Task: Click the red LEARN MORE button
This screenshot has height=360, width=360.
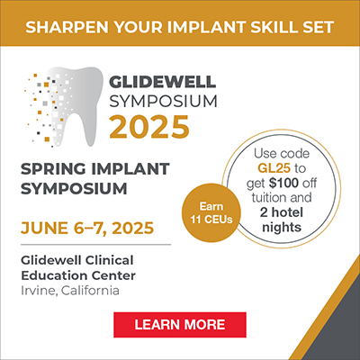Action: [180, 325]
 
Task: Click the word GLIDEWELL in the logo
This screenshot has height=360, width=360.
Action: [162, 81]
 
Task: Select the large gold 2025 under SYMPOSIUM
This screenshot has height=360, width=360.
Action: [149, 127]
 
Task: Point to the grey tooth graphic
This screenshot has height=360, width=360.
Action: [75, 105]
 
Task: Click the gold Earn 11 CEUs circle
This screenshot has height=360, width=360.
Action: [211, 213]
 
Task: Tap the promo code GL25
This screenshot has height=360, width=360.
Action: [274, 168]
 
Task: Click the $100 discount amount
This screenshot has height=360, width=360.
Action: [283, 183]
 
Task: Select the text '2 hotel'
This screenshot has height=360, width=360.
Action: [282, 212]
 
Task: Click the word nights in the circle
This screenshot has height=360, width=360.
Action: [282, 228]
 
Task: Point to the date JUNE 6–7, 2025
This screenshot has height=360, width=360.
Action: [87, 229]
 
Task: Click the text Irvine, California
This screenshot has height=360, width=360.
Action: [70, 291]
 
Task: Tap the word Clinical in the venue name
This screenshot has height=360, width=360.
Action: [109, 260]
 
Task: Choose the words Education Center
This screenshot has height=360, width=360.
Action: [78, 275]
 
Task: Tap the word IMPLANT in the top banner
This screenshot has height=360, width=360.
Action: [206, 27]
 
